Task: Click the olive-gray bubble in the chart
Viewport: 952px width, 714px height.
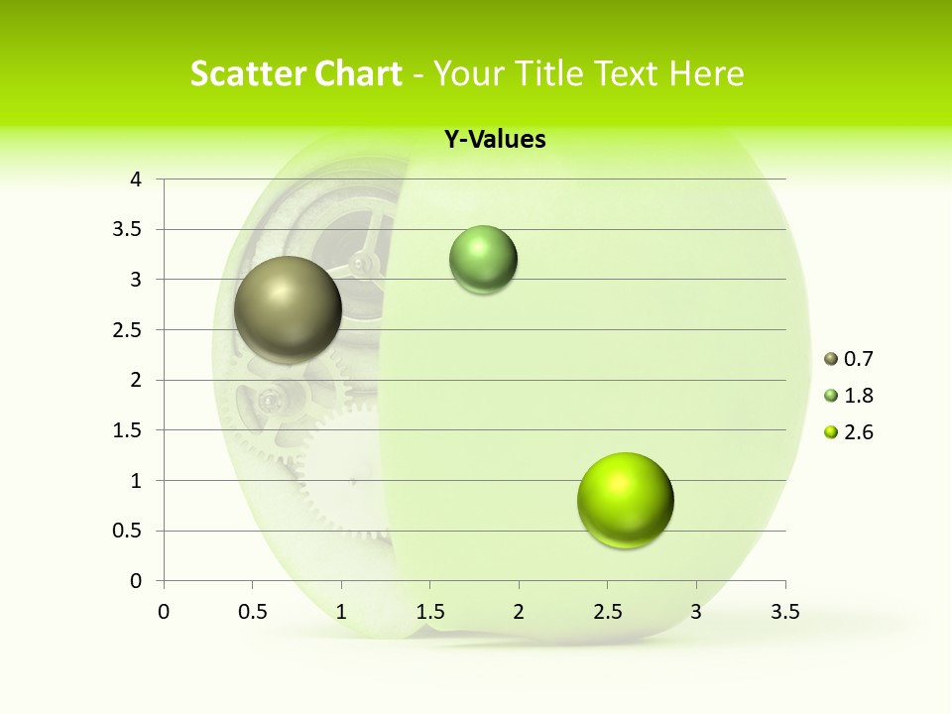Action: (x=288, y=309)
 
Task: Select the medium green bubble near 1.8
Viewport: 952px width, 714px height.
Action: (x=483, y=260)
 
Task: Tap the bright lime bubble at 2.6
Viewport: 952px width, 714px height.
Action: (x=625, y=500)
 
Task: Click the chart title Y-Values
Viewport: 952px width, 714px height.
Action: (x=495, y=140)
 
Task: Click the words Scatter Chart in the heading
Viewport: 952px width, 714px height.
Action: (x=296, y=73)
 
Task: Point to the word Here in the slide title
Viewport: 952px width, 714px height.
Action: (x=707, y=73)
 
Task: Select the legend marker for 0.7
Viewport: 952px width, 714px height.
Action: (x=831, y=359)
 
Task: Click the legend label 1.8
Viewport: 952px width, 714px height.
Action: (x=858, y=396)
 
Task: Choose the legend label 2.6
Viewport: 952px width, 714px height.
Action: (x=858, y=432)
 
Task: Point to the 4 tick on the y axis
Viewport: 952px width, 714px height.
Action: (x=137, y=179)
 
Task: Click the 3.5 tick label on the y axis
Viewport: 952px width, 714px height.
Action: (x=129, y=230)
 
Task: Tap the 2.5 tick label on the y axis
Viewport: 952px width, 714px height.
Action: (x=129, y=330)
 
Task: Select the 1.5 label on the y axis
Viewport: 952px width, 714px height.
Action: (x=129, y=430)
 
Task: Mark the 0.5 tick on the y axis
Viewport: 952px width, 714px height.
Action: (x=129, y=531)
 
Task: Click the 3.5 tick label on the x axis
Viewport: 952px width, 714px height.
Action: (x=785, y=612)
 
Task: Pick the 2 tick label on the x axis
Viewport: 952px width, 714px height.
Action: (x=519, y=612)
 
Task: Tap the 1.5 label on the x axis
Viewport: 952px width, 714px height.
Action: (x=429, y=612)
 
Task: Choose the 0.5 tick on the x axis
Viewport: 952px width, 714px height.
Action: (x=252, y=612)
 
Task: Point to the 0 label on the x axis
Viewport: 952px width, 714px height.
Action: (x=164, y=612)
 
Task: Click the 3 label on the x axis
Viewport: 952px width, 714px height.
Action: (x=696, y=612)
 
